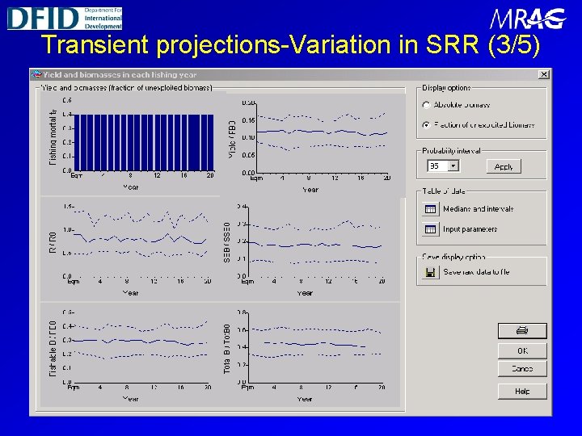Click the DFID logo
65,17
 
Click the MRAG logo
526,19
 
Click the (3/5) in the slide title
515,44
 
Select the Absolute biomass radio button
426,105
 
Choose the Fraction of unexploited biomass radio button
426,125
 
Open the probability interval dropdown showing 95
453,166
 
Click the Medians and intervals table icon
430,209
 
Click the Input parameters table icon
430,229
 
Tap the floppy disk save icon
430,272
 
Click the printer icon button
522,330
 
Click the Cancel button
522,369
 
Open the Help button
522,391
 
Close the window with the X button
544,74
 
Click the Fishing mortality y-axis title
53,137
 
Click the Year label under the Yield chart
310,190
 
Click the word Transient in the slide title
96,44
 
